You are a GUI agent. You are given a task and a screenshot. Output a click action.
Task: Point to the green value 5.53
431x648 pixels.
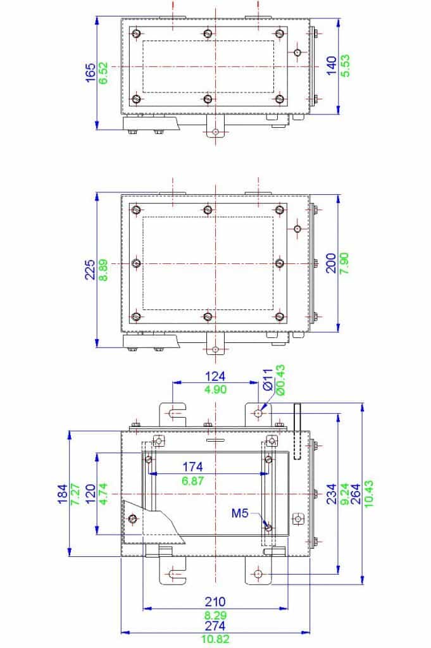coord(346,66)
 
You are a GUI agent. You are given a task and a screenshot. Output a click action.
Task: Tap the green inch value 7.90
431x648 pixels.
coord(346,263)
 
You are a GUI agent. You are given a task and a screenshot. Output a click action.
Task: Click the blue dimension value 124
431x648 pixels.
coord(215,376)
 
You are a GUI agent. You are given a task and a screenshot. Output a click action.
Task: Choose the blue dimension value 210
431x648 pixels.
coord(215,602)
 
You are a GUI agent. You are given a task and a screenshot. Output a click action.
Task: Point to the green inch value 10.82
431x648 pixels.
coord(215,639)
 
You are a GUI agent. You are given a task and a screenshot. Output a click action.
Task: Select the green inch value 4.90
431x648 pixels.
coord(215,390)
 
